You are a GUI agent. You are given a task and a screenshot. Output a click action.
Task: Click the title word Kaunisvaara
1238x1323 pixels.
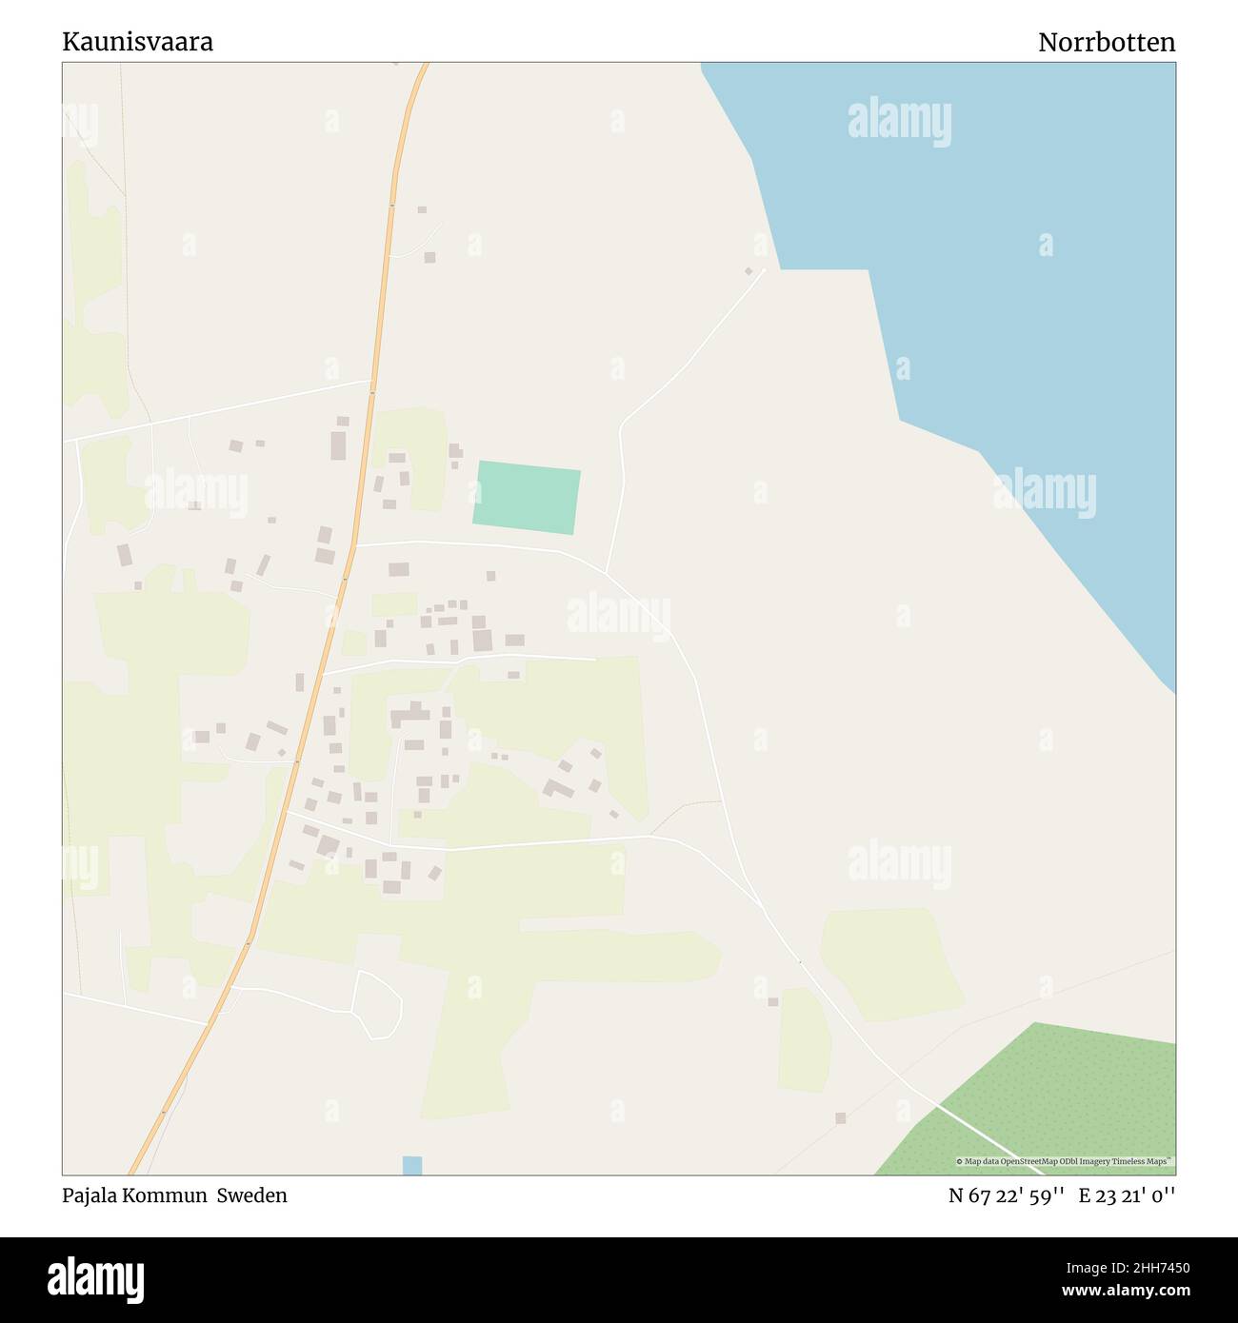pos(137,42)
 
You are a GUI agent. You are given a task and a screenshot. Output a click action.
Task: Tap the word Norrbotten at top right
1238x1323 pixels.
pos(1106,43)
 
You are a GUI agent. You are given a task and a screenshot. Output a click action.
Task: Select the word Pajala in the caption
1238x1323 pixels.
pos(88,1195)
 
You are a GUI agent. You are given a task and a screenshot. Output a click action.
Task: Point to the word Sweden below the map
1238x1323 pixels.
pos(251,1195)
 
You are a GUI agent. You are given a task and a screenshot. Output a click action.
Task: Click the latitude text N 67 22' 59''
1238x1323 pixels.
pos(1006,1195)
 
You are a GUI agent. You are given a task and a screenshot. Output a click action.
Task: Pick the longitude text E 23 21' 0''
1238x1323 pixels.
pos(1127,1195)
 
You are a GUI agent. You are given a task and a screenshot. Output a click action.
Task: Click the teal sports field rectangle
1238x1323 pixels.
pos(527,497)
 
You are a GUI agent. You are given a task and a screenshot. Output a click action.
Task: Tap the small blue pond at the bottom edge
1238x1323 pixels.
pos(411,1165)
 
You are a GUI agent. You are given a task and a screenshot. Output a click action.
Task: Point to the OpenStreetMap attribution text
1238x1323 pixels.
pos(1064,1162)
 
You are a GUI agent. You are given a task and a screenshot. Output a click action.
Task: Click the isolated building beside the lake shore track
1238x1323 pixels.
pos(749,271)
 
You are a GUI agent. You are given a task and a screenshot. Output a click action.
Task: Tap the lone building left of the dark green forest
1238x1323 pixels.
pos(840,1117)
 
